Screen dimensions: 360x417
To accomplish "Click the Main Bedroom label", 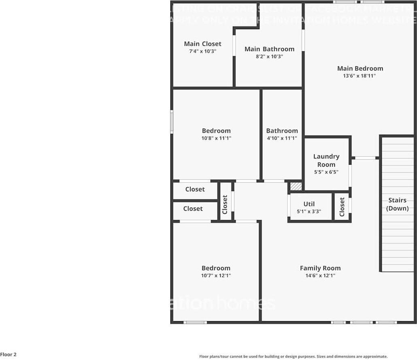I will click(360, 68).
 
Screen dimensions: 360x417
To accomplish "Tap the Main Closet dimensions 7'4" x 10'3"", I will click(202, 51).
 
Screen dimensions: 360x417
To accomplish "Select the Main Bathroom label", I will click(269, 49).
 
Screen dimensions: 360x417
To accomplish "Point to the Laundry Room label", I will click(326, 160).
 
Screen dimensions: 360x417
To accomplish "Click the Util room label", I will click(309, 204).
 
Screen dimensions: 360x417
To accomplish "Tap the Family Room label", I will click(320, 268).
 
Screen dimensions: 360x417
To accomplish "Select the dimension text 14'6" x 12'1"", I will click(320, 275).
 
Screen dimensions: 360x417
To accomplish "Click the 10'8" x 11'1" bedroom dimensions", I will click(216, 138).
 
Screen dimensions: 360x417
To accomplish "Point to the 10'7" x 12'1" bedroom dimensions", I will click(216, 275).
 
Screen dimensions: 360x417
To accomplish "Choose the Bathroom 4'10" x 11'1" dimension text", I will click(282, 138).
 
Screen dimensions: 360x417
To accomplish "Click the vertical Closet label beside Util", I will click(342, 206).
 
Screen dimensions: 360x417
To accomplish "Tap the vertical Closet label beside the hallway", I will click(225, 204).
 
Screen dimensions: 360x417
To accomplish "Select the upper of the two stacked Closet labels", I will click(195, 189).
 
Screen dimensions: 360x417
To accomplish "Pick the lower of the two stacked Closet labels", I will click(193, 209).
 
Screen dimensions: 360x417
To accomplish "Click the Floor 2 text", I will click(9, 355).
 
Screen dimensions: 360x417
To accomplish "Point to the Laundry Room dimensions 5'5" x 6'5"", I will click(326, 172).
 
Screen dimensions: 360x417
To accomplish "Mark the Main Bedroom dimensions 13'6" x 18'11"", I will click(360, 76).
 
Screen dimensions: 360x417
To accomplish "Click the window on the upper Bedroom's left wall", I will click(172, 122).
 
